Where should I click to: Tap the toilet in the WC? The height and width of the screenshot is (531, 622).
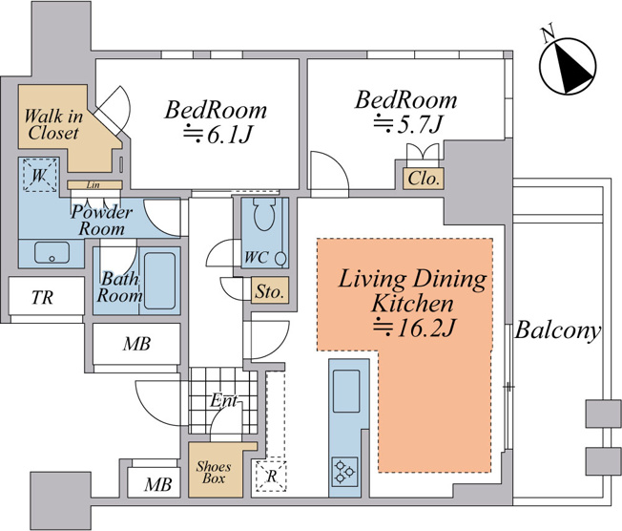[264, 214]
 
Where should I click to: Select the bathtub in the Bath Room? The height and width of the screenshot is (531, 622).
[160, 281]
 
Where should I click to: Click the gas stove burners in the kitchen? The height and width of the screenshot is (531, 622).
[344, 471]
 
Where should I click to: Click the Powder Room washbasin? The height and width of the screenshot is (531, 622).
[52, 252]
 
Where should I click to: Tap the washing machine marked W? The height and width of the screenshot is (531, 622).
[39, 175]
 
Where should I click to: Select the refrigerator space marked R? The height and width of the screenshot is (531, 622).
[271, 476]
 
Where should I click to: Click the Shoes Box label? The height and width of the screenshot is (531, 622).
[214, 472]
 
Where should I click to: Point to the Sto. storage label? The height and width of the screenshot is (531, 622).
[269, 292]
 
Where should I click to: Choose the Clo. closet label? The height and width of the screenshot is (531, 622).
[424, 179]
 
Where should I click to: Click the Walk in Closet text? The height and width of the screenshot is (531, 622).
[53, 124]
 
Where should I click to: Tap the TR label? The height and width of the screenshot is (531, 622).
[42, 297]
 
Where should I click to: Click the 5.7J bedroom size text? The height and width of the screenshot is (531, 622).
[407, 124]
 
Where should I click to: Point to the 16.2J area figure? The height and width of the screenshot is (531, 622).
[413, 328]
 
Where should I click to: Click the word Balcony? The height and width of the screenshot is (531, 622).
[557, 331]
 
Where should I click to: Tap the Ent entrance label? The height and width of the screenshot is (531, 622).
[224, 400]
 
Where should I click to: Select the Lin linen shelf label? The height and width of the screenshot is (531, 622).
[93, 185]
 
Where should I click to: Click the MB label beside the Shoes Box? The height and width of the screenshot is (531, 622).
[157, 484]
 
